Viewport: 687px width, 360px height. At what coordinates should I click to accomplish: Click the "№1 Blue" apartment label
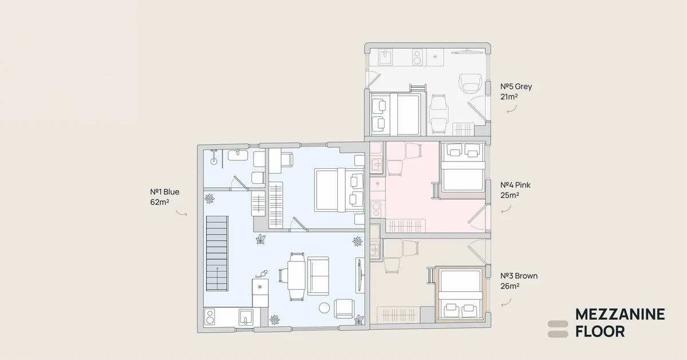[x=165, y=192]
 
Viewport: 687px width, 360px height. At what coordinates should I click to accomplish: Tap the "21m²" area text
[x=509, y=97]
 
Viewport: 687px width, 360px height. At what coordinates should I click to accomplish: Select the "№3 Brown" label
[x=519, y=276]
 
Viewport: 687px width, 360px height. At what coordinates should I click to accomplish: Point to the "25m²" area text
[x=510, y=195]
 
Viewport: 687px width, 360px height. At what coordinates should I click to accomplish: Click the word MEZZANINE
[x=620, y=315]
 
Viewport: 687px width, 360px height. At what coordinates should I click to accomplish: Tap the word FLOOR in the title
[x=600, y=332]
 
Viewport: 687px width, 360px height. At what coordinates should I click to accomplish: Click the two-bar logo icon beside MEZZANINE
[x=558, y=329]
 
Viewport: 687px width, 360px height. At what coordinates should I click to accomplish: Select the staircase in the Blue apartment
[x=217, y=254]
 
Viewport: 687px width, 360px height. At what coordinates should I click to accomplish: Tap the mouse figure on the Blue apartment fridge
[x=262, y=274]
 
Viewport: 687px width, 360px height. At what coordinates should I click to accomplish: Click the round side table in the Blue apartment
[x=324, y=308]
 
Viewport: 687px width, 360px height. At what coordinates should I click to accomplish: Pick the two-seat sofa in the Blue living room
[x=318, y=276]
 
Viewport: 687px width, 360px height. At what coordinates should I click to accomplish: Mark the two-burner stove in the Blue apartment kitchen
[x=210, y=317]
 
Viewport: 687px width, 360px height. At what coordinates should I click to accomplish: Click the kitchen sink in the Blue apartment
[x=246, y=317]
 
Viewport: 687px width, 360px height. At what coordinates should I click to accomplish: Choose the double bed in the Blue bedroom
[x=339, y=190]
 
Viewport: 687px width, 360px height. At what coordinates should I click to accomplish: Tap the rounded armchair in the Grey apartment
[x=470, y=83]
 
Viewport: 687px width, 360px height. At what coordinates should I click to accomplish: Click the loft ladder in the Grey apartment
[x=418, y=88]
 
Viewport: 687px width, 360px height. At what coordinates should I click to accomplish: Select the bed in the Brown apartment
[x=460, y=294]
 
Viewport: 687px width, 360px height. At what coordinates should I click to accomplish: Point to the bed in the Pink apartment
[x=463, y=167]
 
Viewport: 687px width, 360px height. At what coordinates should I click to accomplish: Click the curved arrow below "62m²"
[x=181, y=212]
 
